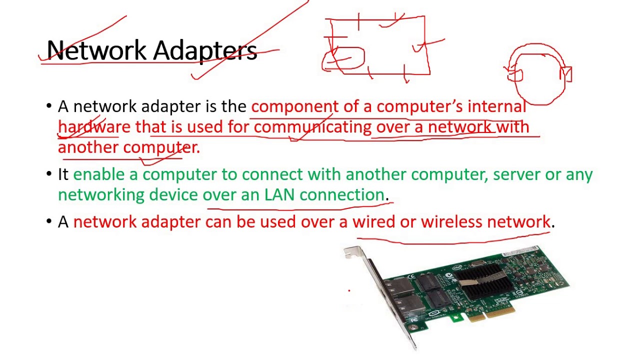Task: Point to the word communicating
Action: coord(312,127)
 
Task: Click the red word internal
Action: coord(496,106)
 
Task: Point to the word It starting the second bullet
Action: coord(63,174)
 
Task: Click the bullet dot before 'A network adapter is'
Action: coord(49,106)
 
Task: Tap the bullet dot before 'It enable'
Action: coord(49,174)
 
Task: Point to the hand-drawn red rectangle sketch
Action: coord(377,46)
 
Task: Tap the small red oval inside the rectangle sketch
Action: coord(345,58)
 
